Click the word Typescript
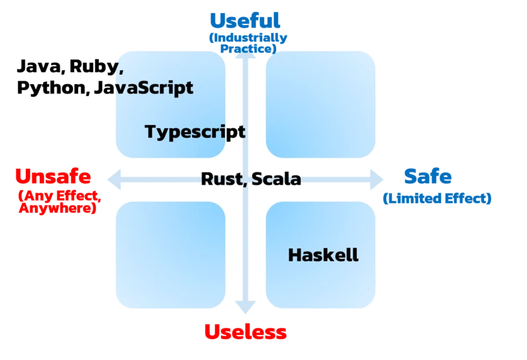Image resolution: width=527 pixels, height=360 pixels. coord(194,131)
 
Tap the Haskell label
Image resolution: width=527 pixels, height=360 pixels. coord(323,255)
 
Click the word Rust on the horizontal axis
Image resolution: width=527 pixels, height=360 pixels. coord(222,179)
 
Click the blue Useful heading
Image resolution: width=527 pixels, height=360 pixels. coord(244,21)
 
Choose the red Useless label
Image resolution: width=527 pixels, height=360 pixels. coord(244,332)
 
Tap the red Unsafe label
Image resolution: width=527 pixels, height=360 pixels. coord(53,177)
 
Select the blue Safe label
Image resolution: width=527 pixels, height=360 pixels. coord(428,177)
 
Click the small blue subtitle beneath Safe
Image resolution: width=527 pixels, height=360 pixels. coord(437,198)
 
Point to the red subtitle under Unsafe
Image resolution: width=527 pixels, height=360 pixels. coord(58,201)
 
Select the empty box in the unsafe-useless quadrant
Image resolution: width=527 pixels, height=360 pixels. coord(170,255)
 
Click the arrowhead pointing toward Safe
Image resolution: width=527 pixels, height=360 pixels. coord(379,179)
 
